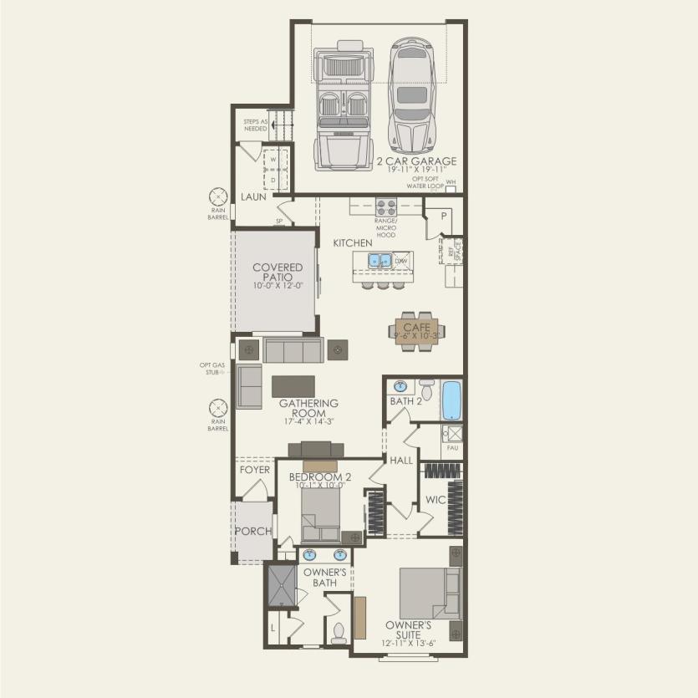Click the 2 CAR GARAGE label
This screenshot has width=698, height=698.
tap(416, 160)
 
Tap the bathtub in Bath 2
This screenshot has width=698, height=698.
tap(451, 400)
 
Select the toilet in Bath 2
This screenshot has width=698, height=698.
tap(425, 389)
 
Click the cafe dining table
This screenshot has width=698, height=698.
tap(417, 331)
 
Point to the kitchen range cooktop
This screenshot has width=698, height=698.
tap(386, 206)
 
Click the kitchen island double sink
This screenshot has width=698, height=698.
tap(380, 261)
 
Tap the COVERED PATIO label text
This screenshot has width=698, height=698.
tap(278, 273)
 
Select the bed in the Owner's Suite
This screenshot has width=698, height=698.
tap(429, 593)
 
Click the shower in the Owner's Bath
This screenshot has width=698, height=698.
tap(281, 585)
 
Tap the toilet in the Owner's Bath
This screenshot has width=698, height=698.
tap(339, 632)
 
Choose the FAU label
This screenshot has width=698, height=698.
tap(453, 448)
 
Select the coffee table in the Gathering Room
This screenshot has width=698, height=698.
tap(293, 385)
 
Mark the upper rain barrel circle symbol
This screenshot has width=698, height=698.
tap(217, 197)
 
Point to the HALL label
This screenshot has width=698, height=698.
tap(401, 460)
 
